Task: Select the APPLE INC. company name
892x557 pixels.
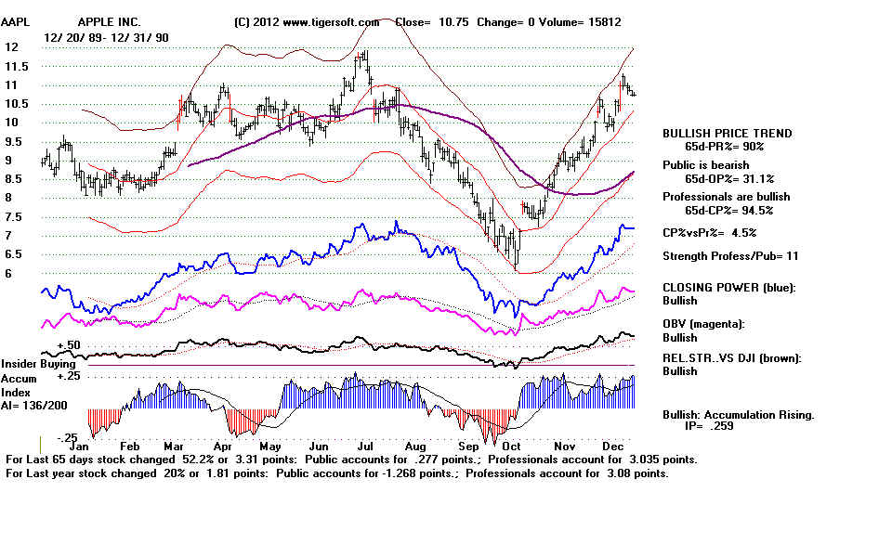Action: (110, 21)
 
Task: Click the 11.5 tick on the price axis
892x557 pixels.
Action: (17, 67)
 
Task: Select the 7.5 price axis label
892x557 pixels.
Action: (15, 217)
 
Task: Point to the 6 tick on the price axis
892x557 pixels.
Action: (9, 274)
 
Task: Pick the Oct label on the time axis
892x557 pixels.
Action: (513, 446)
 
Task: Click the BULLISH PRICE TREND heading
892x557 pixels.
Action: (728, 134)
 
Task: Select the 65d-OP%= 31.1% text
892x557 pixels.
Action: (728, 178)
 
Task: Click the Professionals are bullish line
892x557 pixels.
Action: (727, 197)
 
